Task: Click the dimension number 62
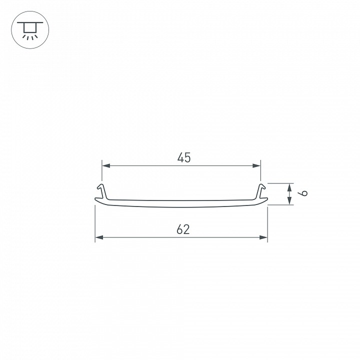[183, 229]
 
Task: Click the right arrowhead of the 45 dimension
[257, 165]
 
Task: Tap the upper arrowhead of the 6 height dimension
[290, 187]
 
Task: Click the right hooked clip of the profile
[261, 190]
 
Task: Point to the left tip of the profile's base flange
[96, 201]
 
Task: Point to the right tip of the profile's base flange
[266, 201]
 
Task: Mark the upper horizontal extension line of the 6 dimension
[280, 183]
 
